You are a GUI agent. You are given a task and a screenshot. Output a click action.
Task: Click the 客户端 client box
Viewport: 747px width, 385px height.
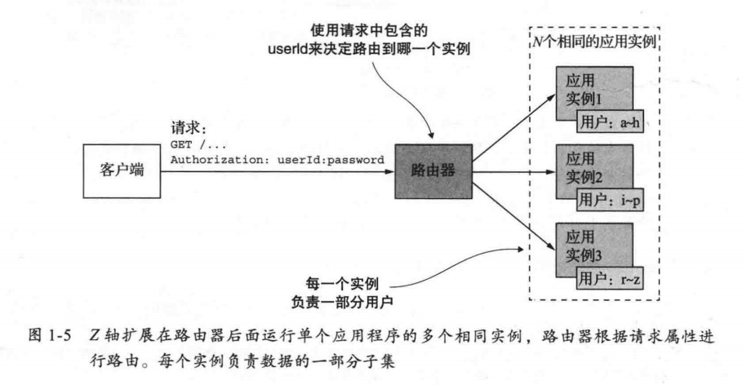point(118,173)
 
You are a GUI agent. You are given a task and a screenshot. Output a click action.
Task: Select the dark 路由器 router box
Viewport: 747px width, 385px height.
point(433,173)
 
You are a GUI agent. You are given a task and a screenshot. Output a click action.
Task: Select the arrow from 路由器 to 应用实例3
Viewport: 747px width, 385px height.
point(510,210)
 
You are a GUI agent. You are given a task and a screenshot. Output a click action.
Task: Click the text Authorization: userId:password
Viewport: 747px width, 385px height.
point(277,159)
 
